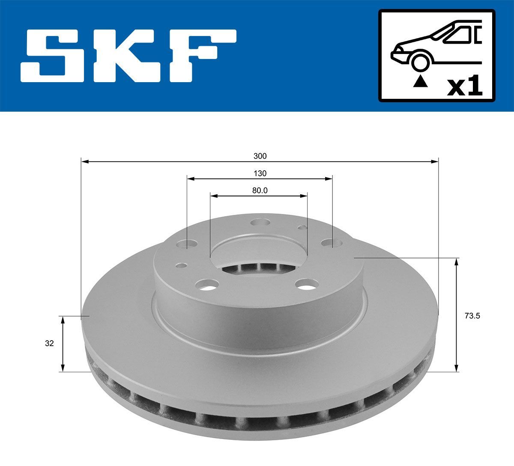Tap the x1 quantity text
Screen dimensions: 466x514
(x=464, y=87)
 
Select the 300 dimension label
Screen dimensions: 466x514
(x=260, y=156)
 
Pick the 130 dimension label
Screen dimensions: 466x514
(x=260, y=173)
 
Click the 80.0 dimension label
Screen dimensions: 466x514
(x=260, y=191)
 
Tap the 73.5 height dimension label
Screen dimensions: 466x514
(x=472, y=317)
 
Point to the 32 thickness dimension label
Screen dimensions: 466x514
(x=49, y=343)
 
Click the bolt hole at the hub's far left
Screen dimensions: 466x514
(x=187, y=245)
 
